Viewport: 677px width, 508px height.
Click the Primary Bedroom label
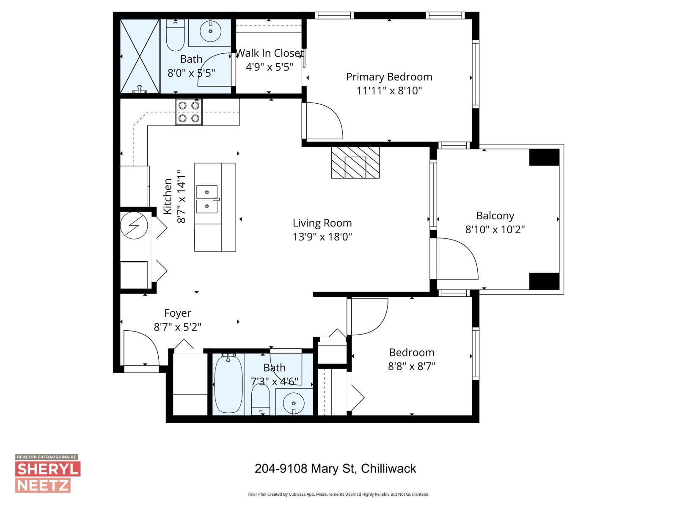389,77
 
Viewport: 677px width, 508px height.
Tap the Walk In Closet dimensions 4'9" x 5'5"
269,67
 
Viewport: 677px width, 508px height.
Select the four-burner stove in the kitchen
189,112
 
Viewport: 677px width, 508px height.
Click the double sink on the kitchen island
207,199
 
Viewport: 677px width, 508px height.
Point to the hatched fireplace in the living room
355,163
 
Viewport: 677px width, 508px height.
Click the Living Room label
322,223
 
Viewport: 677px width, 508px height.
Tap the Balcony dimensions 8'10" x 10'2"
495,229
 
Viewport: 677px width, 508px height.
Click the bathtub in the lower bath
228,385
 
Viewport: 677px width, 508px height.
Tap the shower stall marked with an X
140,56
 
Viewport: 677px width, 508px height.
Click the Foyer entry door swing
140,348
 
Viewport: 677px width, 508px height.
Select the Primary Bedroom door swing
324,121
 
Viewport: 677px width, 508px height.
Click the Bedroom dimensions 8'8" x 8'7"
412,366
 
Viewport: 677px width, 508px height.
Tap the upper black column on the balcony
544,157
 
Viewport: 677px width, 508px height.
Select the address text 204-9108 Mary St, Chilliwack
335,469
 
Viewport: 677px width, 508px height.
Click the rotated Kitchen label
168,196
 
